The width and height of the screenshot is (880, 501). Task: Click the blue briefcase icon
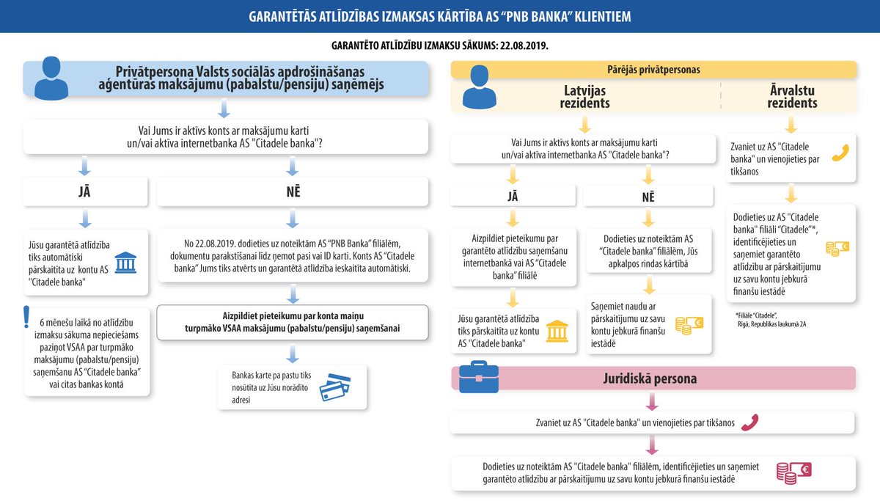478,377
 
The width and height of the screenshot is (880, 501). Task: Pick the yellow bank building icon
557,331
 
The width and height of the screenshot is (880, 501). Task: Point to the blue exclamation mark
27,315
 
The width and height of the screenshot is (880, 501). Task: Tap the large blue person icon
56,78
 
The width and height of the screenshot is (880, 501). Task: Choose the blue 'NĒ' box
292,193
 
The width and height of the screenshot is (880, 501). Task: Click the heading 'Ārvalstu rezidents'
792,97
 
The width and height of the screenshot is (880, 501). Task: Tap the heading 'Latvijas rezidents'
584,97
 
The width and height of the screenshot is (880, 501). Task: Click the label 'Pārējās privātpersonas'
654,70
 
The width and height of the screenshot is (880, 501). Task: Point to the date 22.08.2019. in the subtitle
524,45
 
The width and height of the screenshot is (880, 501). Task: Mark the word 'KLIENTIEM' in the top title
597,16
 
